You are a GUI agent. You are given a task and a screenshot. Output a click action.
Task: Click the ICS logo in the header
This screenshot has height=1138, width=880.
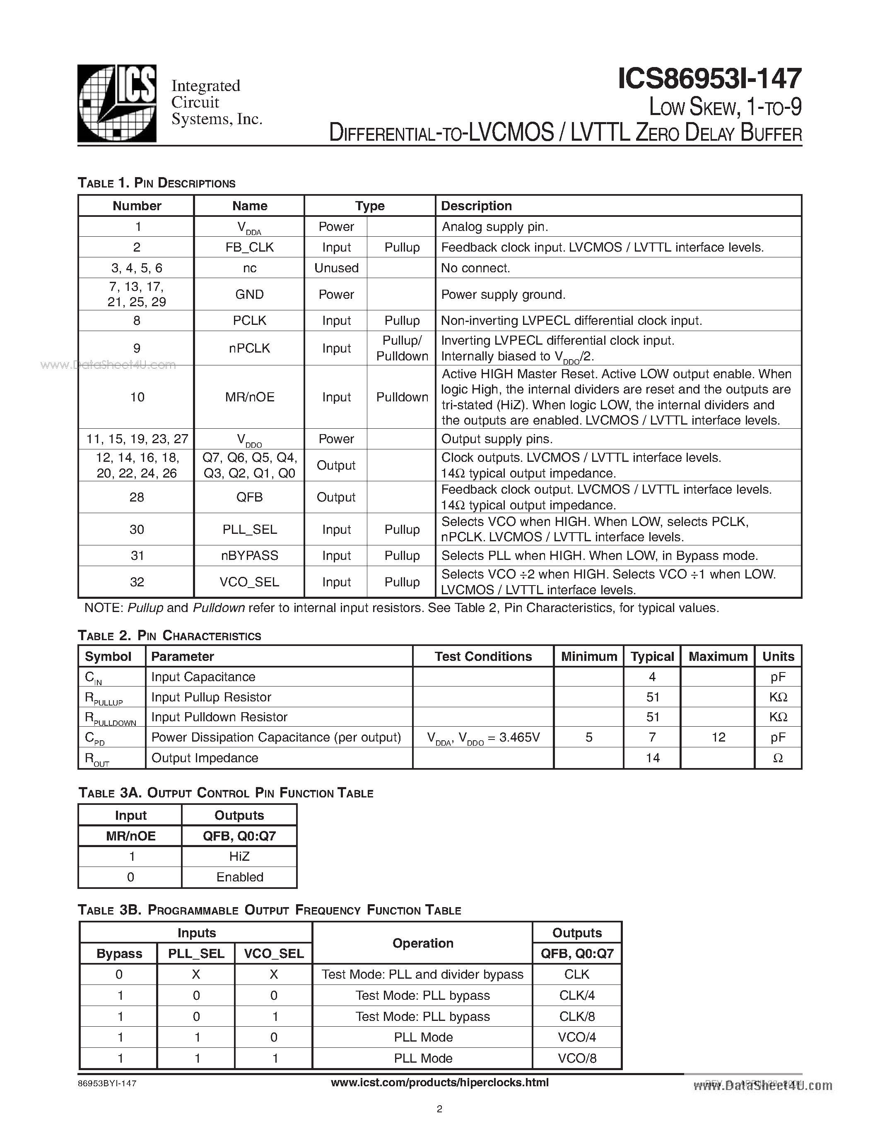(117, 103)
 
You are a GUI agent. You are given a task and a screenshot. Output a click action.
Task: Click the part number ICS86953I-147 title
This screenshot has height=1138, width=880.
(709, 79)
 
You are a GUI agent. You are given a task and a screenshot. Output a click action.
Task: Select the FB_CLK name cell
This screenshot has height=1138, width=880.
(249, 247)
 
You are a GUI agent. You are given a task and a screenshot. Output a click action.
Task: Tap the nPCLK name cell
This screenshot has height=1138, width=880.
(249, 348)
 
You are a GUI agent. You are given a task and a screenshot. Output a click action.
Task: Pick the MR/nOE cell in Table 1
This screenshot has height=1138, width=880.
(249, 397)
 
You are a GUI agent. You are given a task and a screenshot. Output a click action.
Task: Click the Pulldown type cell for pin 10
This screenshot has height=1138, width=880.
(402, 397)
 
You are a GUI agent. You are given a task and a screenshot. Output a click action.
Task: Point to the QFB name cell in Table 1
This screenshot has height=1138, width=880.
(249, 497)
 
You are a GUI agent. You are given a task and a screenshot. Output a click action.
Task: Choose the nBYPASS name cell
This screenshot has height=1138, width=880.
(249, 555)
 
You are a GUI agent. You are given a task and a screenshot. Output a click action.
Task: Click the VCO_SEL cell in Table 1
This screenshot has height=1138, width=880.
(249, 582)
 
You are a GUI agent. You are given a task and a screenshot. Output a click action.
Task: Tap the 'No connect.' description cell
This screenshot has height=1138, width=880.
(475, 268)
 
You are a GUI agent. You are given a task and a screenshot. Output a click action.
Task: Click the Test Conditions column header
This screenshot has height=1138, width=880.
(483, 657)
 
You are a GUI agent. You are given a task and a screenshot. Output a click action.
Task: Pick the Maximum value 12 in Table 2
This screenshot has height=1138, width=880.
(718, 737)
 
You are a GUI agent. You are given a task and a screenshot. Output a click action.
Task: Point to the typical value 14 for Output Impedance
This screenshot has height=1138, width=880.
(653, 758)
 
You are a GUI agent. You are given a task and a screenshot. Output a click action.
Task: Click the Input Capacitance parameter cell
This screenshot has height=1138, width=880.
(203, 677)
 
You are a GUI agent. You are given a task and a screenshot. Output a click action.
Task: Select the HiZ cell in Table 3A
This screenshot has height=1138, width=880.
(239, 857)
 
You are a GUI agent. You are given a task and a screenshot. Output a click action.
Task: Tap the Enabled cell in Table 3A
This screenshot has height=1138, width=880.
(240, 877)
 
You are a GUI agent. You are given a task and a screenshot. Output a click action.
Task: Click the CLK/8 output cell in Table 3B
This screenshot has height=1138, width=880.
(577, 1017)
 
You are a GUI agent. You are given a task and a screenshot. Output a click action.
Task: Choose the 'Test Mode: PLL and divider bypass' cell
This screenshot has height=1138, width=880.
(422, 975)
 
